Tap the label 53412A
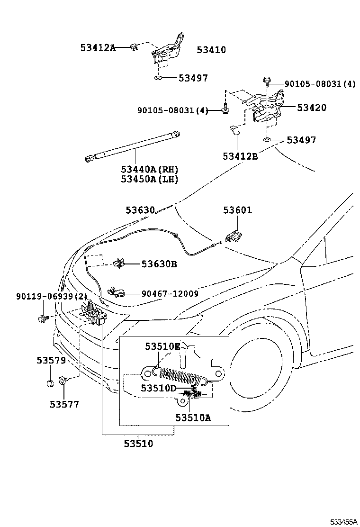pos(98,47)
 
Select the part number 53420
pos(311,108)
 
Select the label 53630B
pos(159,264)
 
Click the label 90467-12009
pos(170,294)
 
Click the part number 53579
pos(51,360)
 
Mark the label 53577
pos(64,404)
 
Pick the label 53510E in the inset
pos(162,346)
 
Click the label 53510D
pos(158,388)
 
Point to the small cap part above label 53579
pos(49,383)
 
